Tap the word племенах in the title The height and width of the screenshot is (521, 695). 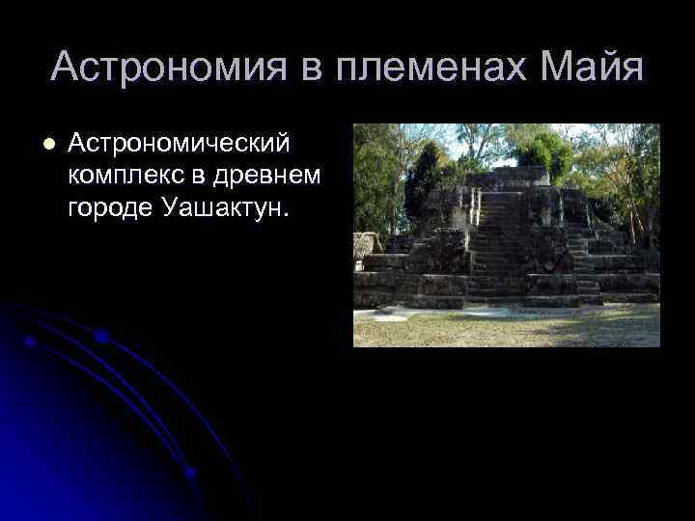425,67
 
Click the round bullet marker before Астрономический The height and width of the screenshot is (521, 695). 47,144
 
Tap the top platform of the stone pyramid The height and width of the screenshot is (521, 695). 507,177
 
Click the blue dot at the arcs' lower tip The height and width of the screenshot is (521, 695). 190,473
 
